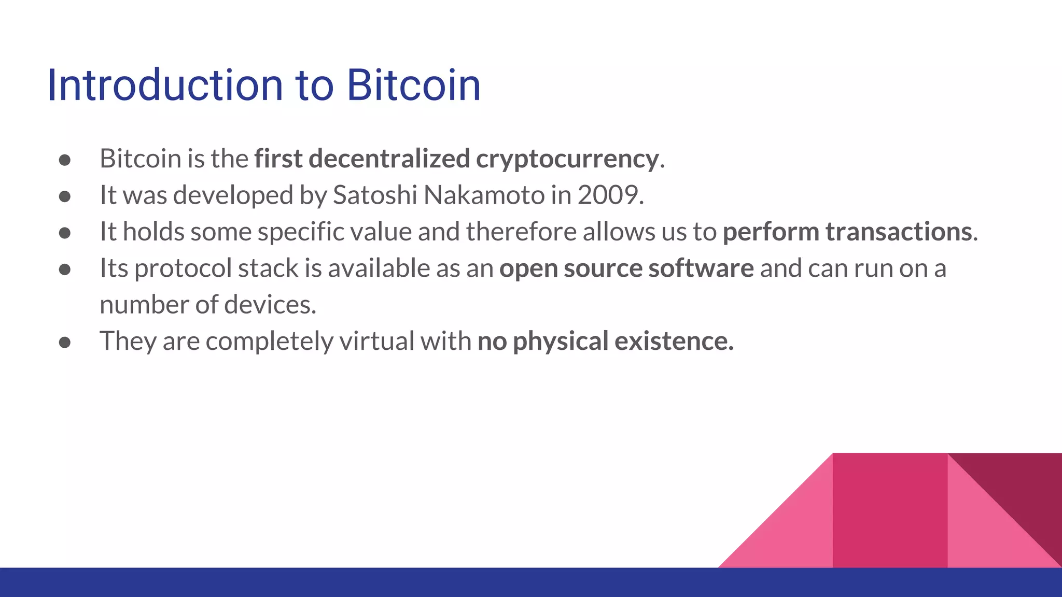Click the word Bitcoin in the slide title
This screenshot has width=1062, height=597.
click(413, 85)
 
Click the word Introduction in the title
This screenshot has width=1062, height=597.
click(165, 85)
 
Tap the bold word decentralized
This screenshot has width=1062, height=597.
click(389, 159)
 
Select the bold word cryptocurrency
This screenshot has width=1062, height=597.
click(567, 159)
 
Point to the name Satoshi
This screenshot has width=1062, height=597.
click(374, 195)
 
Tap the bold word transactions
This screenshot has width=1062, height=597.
click(899, 232)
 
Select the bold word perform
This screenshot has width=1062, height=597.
click(771, 232)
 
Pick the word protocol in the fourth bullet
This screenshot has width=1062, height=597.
click(183, 268)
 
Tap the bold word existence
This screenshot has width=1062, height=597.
click(674, 342)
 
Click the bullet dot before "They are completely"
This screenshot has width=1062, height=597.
click(65, 343)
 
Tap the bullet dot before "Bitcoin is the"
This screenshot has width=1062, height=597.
click(65, 160)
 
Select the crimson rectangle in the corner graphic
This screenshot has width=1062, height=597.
click(889, 510)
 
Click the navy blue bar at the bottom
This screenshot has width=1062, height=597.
click(363, 582)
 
